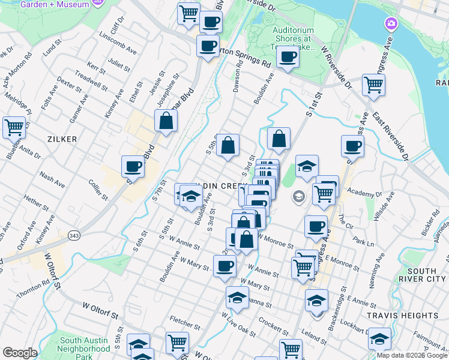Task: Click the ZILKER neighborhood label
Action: [62, 139]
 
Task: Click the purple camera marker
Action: [391, 24]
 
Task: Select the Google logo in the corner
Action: [20, 353]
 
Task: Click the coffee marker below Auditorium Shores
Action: [288, 57]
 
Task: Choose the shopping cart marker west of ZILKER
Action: [13, 127]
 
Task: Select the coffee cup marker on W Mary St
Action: [224, 265]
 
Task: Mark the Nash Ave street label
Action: [52, 178]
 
